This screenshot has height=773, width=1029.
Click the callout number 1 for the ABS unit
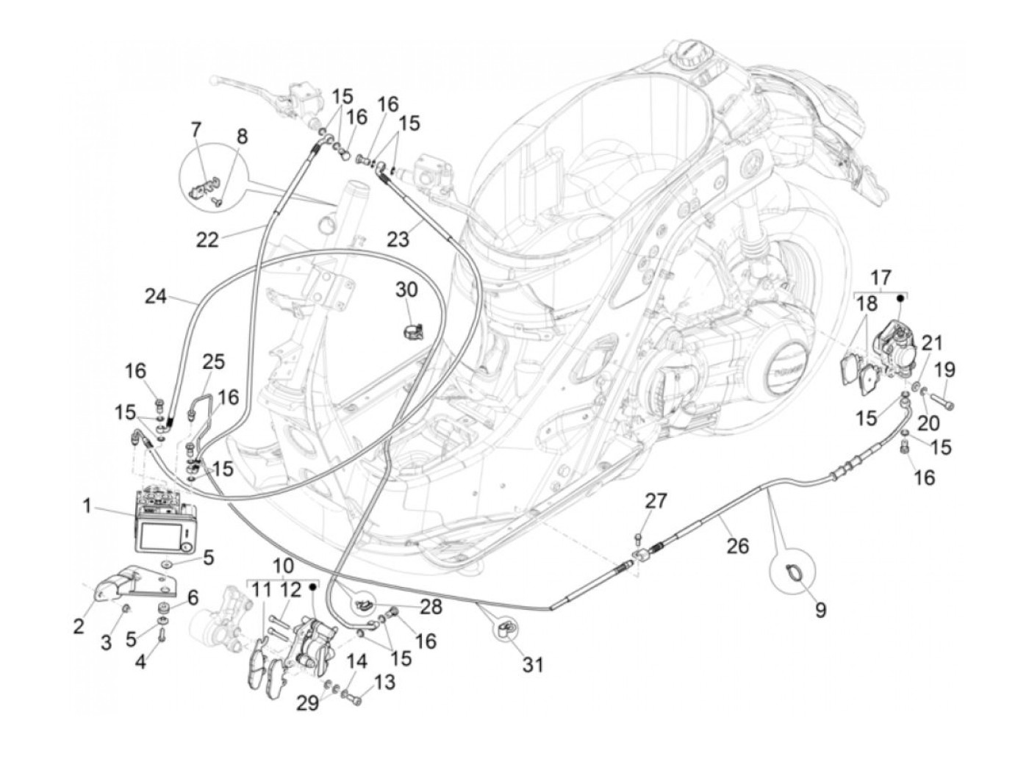click(x=87, y=506)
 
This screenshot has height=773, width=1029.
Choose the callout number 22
click(x=208, y=240)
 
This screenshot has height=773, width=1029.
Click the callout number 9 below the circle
click(x=820, y=609)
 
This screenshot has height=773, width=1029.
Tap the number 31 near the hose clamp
click(x=533, y=665)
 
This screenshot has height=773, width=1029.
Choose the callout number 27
click(x=656, y=501)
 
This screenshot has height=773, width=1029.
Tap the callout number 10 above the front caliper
click(x=284, y=567)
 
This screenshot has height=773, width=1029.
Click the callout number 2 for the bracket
click(x=79, y=626)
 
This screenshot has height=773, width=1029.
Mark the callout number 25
click(x=214, y=363)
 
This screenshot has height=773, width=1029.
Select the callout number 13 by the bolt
click(x=384, y=682)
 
